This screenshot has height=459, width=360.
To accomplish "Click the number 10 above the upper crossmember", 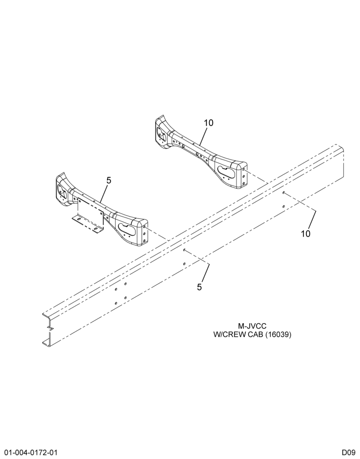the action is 209,123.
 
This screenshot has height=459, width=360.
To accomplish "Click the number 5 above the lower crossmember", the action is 109,180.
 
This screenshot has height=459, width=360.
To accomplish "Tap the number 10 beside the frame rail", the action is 305,234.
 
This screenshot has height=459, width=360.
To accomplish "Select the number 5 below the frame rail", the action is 199,287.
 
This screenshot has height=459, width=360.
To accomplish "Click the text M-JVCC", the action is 252,326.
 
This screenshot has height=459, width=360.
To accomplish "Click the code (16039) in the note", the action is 278,335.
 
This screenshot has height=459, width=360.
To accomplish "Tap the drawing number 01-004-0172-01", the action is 28,452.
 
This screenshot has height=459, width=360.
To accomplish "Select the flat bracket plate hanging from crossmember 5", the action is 90,211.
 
